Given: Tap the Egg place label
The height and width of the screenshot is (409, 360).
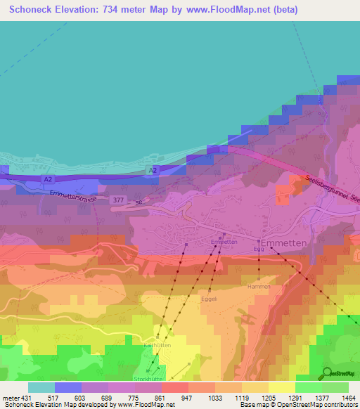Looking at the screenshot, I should pos(259,249).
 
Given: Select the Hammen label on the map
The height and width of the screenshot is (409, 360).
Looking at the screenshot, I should pos(259,287).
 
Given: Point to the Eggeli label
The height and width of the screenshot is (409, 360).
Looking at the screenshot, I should pos(210,298).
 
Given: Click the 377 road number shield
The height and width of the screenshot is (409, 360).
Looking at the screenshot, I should pos(119,200).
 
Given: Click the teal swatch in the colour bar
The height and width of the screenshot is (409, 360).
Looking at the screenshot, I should pos(41,387).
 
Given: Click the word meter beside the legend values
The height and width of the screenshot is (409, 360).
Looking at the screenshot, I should pos(11,398).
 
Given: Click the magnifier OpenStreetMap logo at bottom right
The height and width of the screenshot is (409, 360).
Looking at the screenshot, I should pos(328,373).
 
